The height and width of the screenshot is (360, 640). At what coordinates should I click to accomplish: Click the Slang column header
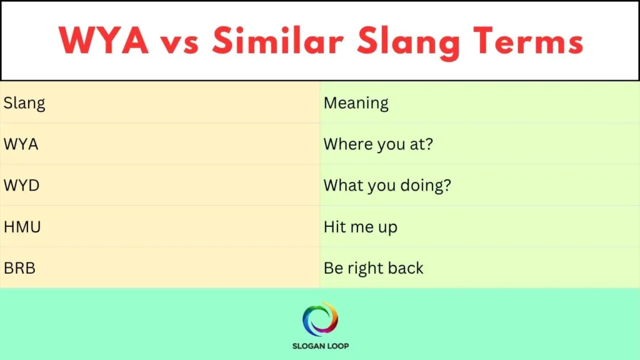pyautogui.click(x=24, y=102)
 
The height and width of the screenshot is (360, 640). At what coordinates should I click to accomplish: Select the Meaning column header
pyautogui.click(x=356, y=102)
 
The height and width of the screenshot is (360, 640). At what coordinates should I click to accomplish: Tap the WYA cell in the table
pyautogui.click(x=21, y=144)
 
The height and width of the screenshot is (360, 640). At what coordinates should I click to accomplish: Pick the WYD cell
pyautogui.click(x=21, y=185)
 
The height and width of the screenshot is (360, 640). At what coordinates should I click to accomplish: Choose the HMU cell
pyautogui.click(x=22, y=226)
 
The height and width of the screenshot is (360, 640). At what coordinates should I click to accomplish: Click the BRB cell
pyautogui.click(x=19, y=267)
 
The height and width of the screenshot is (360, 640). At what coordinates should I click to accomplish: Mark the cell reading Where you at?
pyautogui.click(x=378, y=144)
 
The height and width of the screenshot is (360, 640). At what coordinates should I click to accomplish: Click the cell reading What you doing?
pyautogui.click(x=387, y=185)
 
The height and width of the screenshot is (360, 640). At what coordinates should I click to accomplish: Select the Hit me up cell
pyautogui.click(x=360, y=226)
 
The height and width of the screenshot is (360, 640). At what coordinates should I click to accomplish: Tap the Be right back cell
pyautogui.click(x=373, y=267)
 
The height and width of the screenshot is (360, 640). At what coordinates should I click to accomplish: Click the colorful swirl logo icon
pyautogui.click(x=320, y=319)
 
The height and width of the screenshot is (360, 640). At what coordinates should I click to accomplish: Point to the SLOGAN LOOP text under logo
pyautogui.click(x=320, y=346)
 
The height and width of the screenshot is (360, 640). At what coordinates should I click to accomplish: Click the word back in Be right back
pyautogui.click(x=406, y=267)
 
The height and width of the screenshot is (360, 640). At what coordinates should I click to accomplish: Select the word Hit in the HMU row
pyautogui.click(x=334, y=226)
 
